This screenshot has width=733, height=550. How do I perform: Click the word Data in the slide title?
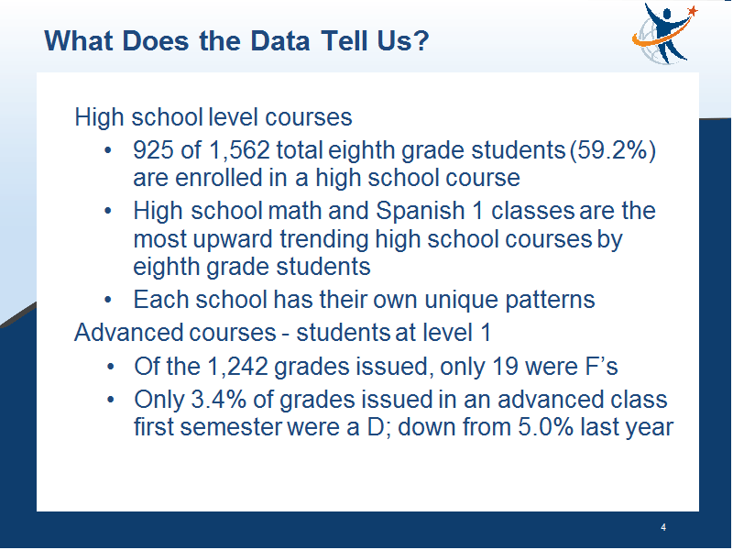pos(280,40)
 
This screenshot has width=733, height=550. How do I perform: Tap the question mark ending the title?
pos(421,40)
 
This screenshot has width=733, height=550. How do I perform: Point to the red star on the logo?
pos(693,10)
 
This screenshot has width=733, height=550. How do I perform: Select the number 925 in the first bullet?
pos(153,150)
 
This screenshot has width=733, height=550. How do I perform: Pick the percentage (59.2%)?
pos(613,150)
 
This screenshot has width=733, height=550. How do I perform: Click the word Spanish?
pos(420,211)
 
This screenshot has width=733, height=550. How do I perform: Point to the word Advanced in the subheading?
pos(128,333)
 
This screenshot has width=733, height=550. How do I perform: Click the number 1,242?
pos(237,366)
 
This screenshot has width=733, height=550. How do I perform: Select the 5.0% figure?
pos(545,427)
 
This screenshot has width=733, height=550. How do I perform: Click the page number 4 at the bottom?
pos(663,528)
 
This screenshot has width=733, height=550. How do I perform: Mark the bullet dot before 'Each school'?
pos(108,300)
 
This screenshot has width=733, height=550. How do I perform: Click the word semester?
pos(231,427)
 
